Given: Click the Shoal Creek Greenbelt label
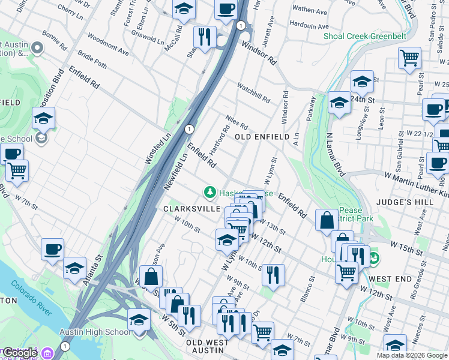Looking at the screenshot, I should pyautogui.click(x=365, y=37).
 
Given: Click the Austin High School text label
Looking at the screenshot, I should pyautogui.click(x=94, y=332).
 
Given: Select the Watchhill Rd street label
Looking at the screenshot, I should pyautogui.click(x=255, y=92).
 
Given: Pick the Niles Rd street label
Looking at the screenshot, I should pyautogui.click(x=237, y=122).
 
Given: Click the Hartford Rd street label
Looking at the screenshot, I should pyautogui.click(x=219, y=139).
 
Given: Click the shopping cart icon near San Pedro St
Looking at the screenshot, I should pyautogui.click(x=409, y=58).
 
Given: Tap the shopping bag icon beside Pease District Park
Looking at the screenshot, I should pyautogui.click(x=327, y=220).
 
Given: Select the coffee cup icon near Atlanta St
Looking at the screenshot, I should pyautogui.click(x=53, y=248).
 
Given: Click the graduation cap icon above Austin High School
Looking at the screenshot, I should pyautogui.click(x=139, y=319).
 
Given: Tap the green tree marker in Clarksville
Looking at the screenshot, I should pyautogui.click(x=209, y=192).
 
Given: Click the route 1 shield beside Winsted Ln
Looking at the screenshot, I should pyautogui.click(x=189, y=129).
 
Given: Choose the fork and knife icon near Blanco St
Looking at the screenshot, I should pyautogui.click(x=273, y=274).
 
